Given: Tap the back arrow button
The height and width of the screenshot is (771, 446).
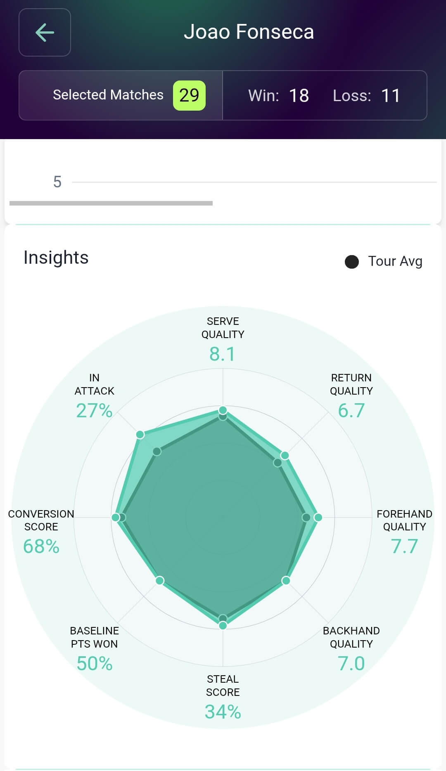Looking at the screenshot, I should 45,33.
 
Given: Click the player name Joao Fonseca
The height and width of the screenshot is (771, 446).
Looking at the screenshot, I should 249,32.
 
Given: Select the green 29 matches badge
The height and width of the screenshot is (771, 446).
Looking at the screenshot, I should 189,95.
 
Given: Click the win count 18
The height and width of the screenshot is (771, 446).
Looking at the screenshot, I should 299,96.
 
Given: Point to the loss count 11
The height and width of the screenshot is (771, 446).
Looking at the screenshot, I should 390,96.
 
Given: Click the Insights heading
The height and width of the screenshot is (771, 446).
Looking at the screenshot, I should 56,258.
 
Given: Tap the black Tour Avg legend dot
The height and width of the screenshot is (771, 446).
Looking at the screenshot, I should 352,262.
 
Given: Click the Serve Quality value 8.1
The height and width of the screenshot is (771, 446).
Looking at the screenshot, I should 223,354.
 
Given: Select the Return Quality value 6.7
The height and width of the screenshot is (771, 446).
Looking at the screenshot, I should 351,410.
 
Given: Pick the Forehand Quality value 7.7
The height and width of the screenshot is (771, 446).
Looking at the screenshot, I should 404,546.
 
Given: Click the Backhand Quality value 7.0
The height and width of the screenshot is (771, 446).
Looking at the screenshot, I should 351,663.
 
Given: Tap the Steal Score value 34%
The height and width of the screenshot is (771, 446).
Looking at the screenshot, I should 223,712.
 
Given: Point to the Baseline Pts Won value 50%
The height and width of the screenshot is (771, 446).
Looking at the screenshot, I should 94,663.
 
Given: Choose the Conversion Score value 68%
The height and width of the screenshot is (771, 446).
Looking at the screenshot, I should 41,546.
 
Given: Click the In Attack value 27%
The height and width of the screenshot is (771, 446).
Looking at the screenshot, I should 94,410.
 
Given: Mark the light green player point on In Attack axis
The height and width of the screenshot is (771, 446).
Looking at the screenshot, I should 140,434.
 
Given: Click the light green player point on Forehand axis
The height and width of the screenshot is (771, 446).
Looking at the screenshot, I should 318,517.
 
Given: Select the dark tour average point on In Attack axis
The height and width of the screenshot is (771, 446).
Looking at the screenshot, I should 157,452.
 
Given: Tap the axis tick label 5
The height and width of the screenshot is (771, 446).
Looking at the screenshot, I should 57,182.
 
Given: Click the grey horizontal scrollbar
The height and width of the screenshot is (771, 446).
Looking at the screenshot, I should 111,203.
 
